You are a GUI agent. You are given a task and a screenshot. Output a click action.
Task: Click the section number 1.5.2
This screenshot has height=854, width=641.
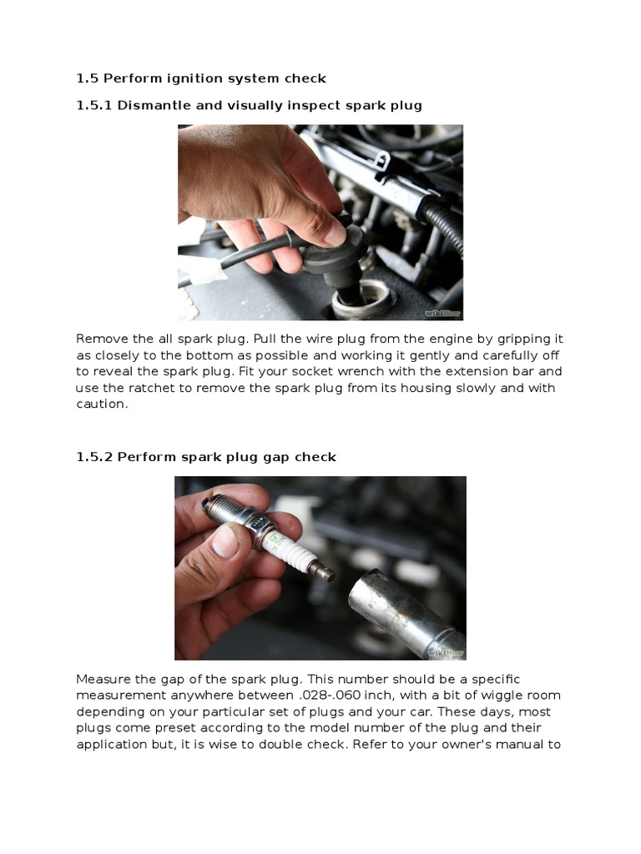point(94,457)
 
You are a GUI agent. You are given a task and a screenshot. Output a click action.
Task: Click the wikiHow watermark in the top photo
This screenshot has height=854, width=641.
point(442,314)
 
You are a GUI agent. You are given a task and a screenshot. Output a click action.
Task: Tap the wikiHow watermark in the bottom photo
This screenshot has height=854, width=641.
point(446,652)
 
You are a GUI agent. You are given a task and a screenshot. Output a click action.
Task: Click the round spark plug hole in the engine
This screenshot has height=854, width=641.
point(364,299)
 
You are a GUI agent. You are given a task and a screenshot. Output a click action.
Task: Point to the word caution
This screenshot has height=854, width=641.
point(102,404)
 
